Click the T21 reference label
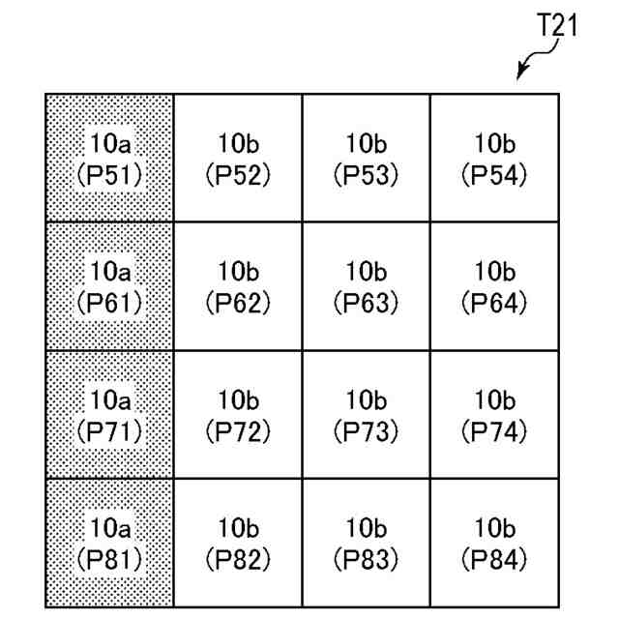click(x=557, y=26)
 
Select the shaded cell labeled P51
click(x=109, y=159)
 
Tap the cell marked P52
click(x=238, y=159)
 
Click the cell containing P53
click(x=366, y=159)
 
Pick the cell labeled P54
click(x=494, y=159)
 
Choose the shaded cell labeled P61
click(x=109, y=286)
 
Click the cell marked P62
click(x=238, y=286)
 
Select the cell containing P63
click(x=366, y=286)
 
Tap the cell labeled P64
click(x=494, y=286)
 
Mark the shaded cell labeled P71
click(x=109, y=415)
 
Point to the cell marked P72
click(x=238, y=415)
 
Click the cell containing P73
click(x=366, y=415)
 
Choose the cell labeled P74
click(x=494, y=415)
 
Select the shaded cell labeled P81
click(x=109, y=543)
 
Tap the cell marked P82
click(x=238, y=543)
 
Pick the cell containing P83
click(x=366, y=543)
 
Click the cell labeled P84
click(x=494, y=543)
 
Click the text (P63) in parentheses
click(x=366, y=303)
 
